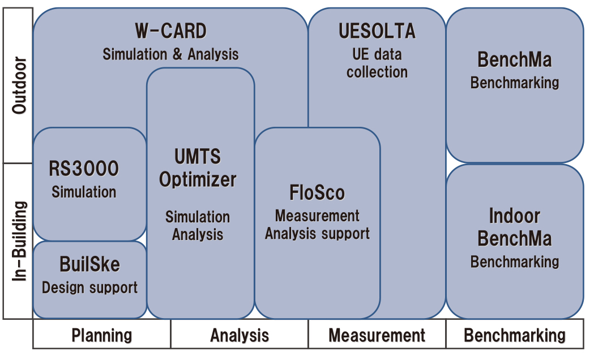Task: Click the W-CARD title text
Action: pyautogui.click(x=171, y=31)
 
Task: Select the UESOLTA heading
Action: pyautogui.click(x=377, y=31)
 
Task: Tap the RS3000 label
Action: pyautogui.click(x=84, y=169)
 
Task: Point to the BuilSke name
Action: pyautogui.click(x=90, y=264)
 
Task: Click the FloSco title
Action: pyautogui.click(x=317, y=192)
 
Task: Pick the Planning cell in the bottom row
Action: pyautogui.click(x=102, y=335)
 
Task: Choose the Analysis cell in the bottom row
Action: pyautogui.click(x=240, y=335)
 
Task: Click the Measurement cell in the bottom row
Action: pyautogui.click(x=377, y=335)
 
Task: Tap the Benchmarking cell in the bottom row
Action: pyautogui.click(x=515, y=335)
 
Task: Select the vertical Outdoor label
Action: pyautogui.click(x=19, y=85)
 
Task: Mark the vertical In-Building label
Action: pyautogui.click(x=19, y=241)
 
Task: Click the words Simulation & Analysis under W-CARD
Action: pyautogui.click(x=171, y=54)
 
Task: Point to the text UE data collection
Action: pyautogui.click(x=377, y=63)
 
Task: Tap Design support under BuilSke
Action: pyautogui.click(x=90, y=288)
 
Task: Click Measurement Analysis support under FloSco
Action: pyautogui.click(x=317, y=225)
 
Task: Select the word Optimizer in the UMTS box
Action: pyautogui.click(x=198, y=180)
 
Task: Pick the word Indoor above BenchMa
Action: pyautogui.click(x=515, y=216)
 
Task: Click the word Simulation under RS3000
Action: pyautogui.click(x=84, y=192)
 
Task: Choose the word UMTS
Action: pyautogui.click(x=198, y=156)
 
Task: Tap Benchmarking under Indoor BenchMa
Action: pyautogui.click(x=515, y=262)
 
